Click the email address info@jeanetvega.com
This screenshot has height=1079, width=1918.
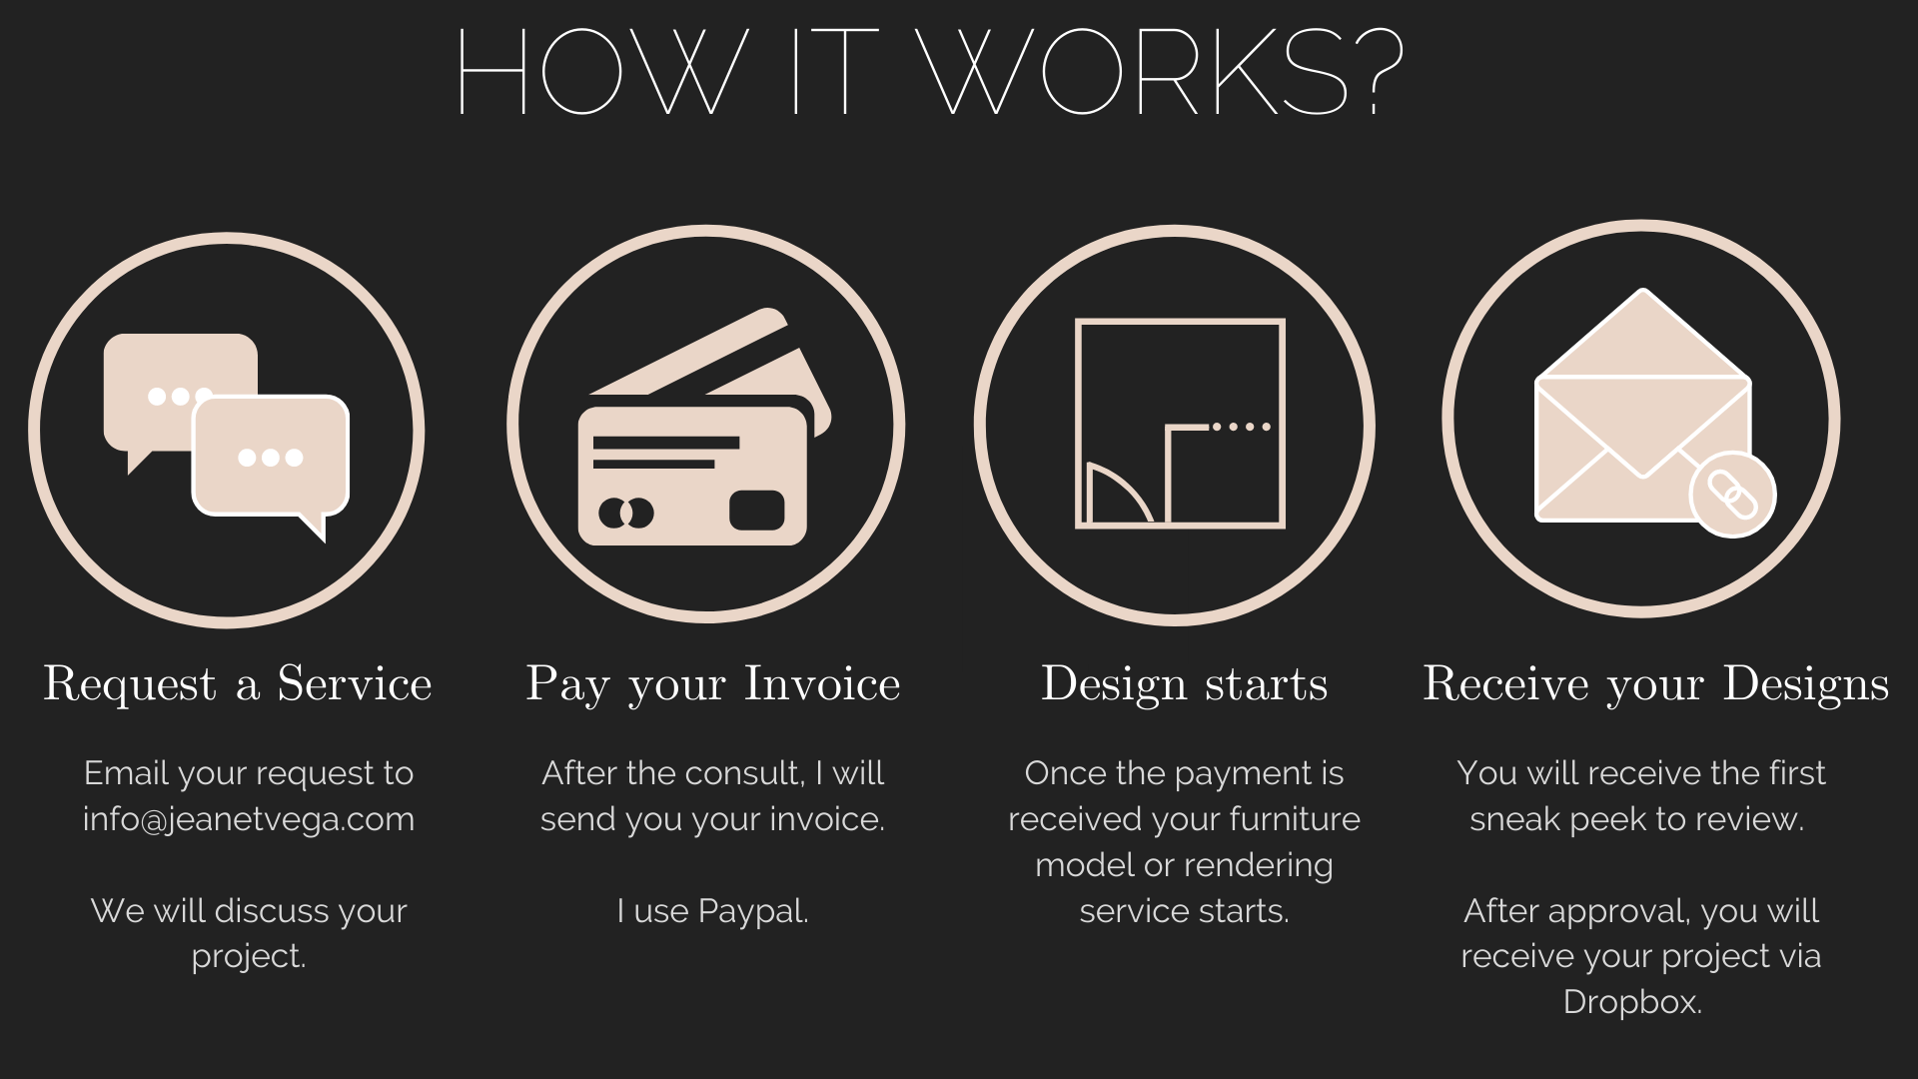pos(249,820)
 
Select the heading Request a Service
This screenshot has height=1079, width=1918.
pos(238,684)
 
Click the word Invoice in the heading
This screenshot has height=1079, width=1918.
pos(822,684)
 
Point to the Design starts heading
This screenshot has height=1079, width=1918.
pos(1185,684)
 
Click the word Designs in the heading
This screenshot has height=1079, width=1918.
pos(1806,684)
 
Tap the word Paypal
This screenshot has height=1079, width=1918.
pos(753,912)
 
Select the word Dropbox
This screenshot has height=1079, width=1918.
pos(1632,1002)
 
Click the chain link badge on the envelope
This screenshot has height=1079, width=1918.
pos(1732,494)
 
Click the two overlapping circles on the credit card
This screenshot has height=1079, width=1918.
pos(626,514)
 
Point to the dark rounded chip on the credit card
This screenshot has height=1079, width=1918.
pos(757,511)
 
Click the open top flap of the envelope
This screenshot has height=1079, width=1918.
pos(1642,334)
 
